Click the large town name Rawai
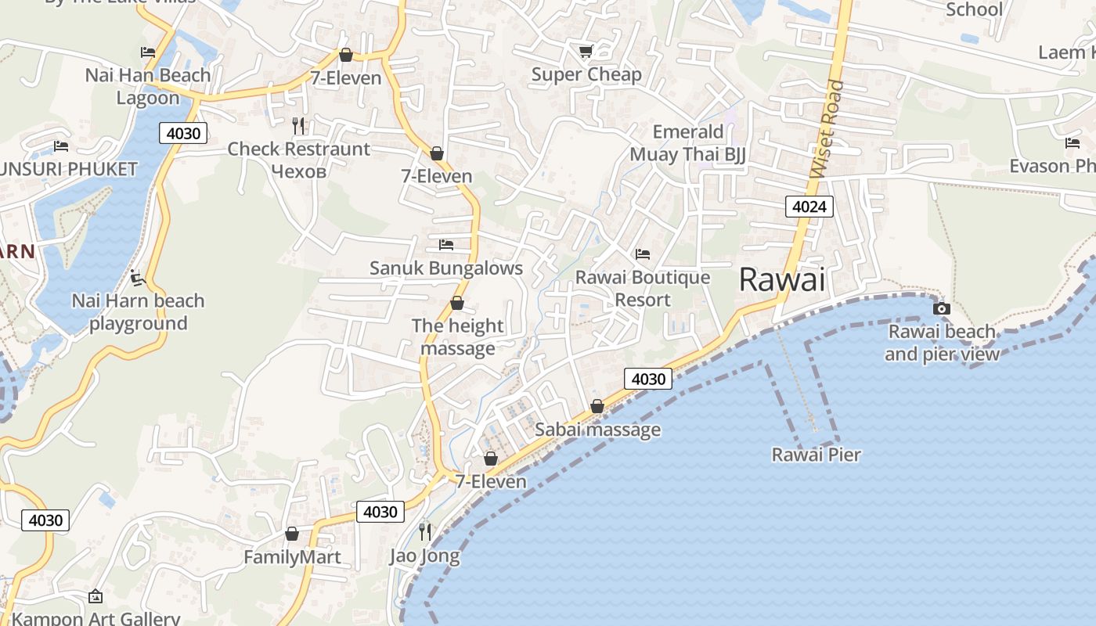pos(782,279)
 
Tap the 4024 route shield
pos(809,207)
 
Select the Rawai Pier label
pos(816,455)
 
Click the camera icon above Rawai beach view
pos(942,308)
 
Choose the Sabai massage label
pos(597,430)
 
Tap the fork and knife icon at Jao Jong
pos(425,532)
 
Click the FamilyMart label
pos(292,557)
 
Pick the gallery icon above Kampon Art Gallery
pos(96,597)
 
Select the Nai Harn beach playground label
pos(138,312)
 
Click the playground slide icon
pos(138,278)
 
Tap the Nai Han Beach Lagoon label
pos(148,86)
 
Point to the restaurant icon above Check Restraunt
pos(298,125)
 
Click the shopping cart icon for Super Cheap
pos(586,52)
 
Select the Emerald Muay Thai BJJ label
pos(687,142)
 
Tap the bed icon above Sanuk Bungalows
pos(446,245)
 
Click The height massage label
pos(458,336)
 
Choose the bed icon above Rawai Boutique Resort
pos(643,254)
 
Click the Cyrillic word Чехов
pos(298,171)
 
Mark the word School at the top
pos(974,9)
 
